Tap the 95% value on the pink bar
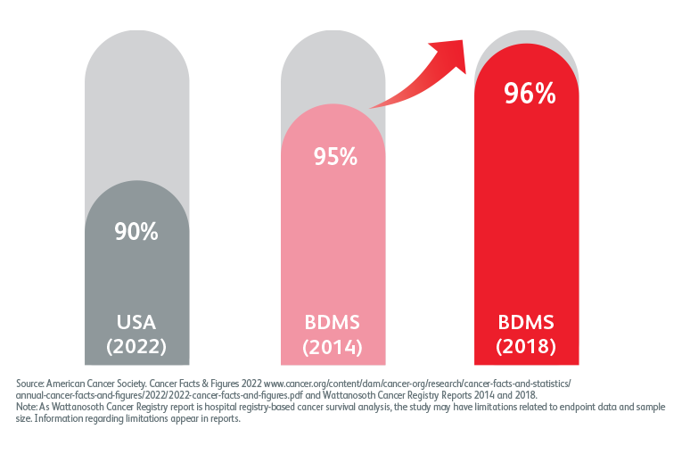334,157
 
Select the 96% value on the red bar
529,94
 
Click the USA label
136,322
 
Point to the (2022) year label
136,345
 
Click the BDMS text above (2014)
334,322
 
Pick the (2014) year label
334,345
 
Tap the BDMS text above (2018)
529,322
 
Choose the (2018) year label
529,345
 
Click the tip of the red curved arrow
464,41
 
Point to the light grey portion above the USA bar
136,107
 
